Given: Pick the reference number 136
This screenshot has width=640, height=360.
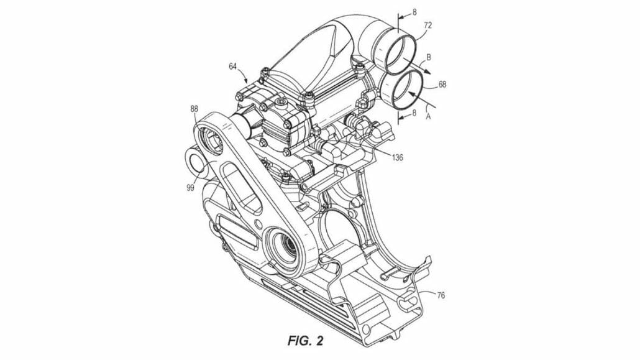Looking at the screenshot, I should point(396,157).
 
